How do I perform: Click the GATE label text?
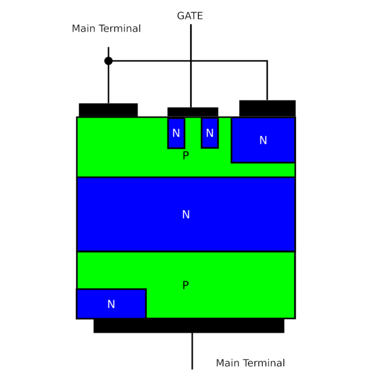point(190,16)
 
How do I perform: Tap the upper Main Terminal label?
point(106,29)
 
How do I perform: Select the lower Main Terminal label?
point(250,363)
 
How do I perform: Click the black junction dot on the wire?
point(109,61)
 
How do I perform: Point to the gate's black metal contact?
point(193,112)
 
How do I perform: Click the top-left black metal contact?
point(108,110)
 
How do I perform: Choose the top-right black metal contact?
point(267,108)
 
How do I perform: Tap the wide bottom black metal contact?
point(189,326)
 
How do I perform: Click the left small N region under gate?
point(176,133)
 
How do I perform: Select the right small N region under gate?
point(210,133)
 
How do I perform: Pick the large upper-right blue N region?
point(263,140)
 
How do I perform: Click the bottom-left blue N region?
point(111,304)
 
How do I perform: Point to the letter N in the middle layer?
point(186,214)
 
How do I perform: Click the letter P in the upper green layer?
point(186,155)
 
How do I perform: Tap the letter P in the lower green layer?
point(185,285)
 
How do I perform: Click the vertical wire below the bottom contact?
point(192,351)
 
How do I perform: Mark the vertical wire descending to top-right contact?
point(267,80)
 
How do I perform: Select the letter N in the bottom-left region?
point(111,304)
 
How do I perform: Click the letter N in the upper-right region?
point(263,140)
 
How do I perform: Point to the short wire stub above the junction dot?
point(109,52)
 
